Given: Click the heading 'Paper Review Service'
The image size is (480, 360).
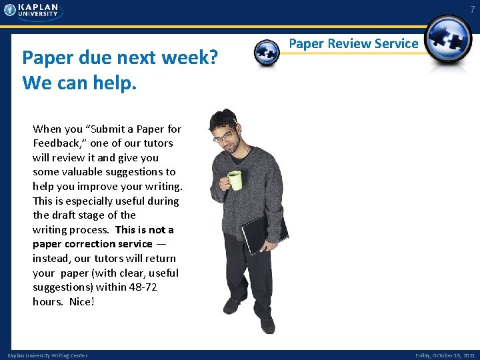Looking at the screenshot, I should pyautogui.click(x=353, y=44).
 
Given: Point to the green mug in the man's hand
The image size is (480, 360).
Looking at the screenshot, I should pyautogui.click(x=235, y=180).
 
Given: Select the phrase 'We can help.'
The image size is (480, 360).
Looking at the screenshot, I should pyautogui.click(x=79, y=83).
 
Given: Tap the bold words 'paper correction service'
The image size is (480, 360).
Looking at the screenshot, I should pyautogui.click(x=93, y=244).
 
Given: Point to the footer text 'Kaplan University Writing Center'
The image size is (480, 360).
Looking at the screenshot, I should pyautogui.click(x=47, y=355).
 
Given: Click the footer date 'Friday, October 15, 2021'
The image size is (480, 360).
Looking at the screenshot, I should pyautogui.click(x=445, y=355).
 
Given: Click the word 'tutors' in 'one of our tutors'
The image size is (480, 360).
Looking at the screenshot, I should pyautogui.click(x=157, y=143).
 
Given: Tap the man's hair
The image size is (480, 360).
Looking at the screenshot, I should pyautogui.click(x=220, y=120).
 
